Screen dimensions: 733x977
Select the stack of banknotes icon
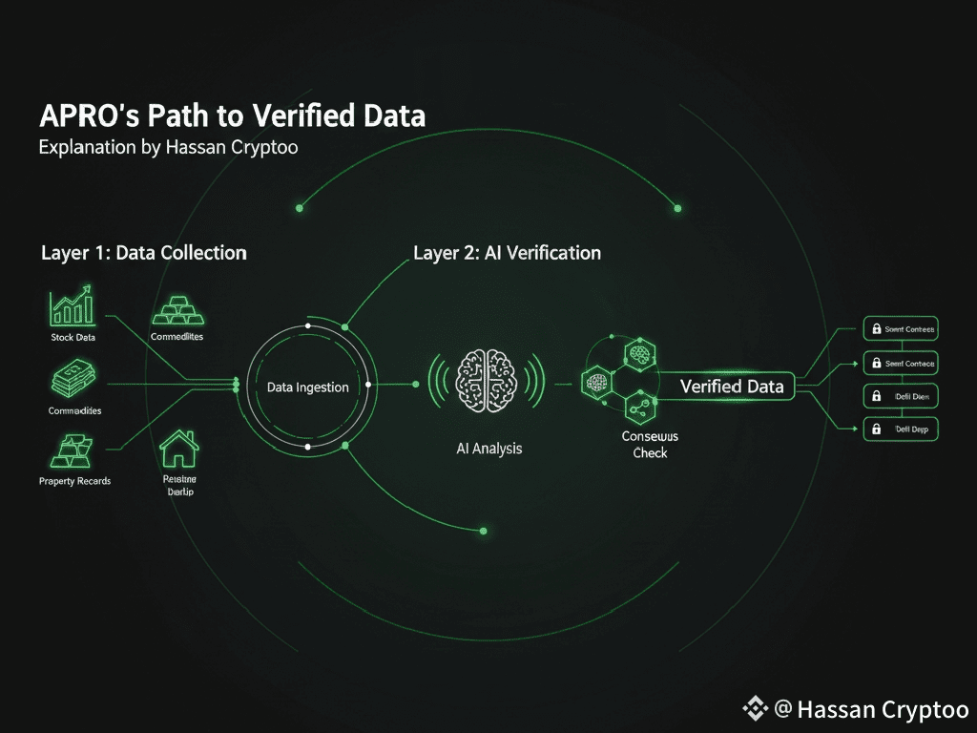coord(73,380)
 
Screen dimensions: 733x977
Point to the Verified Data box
coord(732,386)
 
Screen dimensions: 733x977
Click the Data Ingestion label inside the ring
coord(307,387)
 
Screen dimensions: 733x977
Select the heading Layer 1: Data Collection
coord(143,253)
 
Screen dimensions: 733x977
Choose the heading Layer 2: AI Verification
coord(507,253)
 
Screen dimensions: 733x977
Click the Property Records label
coord(74,481)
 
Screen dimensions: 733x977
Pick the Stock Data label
coord(73,337)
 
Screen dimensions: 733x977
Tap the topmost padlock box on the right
coord(900,329)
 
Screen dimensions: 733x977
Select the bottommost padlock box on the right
coord(900,429)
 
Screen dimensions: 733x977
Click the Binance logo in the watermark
coord(755,708)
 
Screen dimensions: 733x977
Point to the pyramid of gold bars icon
coord(177,308)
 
